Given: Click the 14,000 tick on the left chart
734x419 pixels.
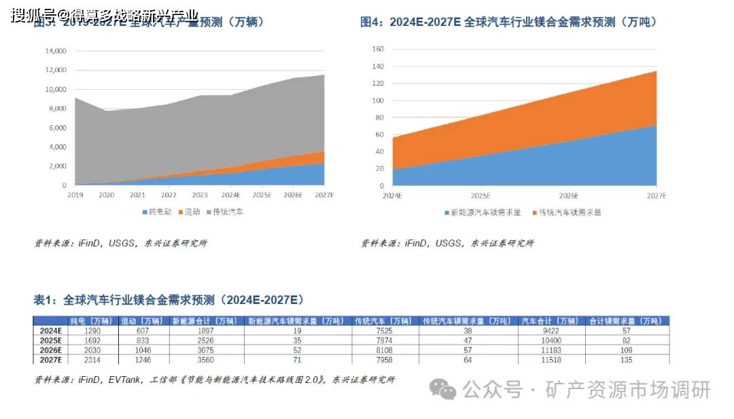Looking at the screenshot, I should coord(54,51).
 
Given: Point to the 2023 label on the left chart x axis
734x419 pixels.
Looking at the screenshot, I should coord(201,195).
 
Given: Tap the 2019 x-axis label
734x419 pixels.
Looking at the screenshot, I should coord(75,195).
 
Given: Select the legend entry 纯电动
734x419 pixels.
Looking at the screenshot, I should coord(158,212).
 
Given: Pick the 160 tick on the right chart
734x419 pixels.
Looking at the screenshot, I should coord(378,49).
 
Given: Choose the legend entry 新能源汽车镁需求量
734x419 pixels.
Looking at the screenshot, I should coord(482,212).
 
